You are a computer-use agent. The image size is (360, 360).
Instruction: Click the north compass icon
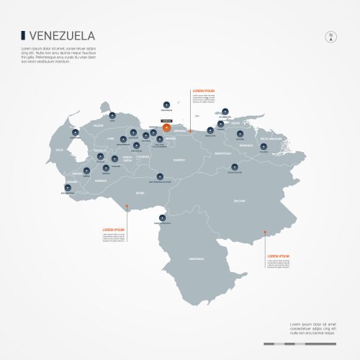[330, 37]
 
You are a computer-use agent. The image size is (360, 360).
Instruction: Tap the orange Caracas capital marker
[166, 127]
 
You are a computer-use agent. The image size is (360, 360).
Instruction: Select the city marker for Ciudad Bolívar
[234, 166]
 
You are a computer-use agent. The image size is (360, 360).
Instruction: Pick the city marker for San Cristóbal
[67, 186]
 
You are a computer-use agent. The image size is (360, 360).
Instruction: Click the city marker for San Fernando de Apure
[162, 174]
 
